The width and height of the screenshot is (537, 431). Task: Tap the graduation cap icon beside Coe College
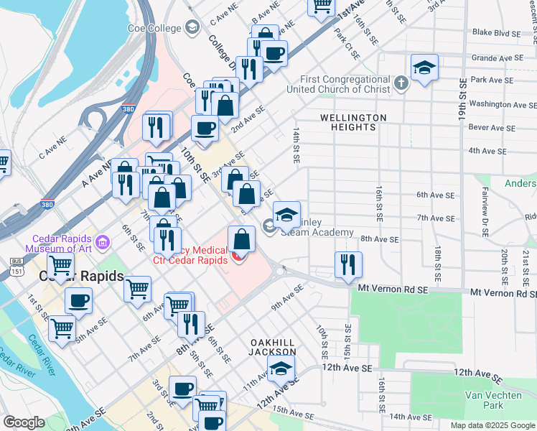pos(191,28)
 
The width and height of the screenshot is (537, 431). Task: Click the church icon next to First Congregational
pos(401,84)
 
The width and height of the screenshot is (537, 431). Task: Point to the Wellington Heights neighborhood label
pos(352,122)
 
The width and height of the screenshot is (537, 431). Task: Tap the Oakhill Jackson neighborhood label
pos(272,347)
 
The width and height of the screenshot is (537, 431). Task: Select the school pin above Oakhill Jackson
pos(281,370)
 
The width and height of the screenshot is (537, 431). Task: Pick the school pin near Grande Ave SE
pos(425,68)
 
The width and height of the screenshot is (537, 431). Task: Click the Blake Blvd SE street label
pos(496,32)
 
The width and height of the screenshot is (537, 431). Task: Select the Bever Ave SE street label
pos(492,128)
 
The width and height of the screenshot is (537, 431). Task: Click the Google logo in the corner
pos(24,422)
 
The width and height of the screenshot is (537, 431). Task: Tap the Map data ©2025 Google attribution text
pos(492,425)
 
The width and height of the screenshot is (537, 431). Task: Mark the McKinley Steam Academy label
pos(316,227)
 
